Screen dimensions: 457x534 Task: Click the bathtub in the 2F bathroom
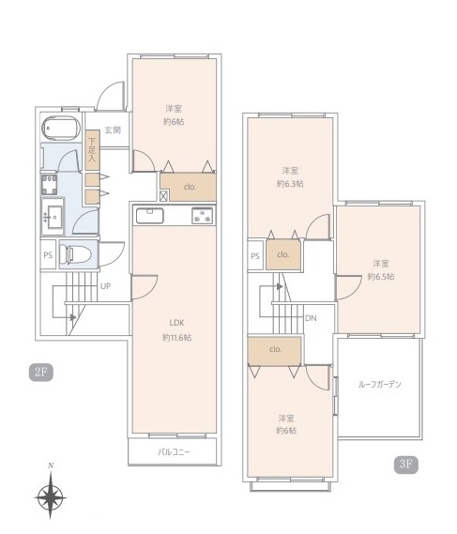[61, 129]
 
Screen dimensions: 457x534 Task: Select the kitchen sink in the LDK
[150, 216]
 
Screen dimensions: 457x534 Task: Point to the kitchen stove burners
[203, 216]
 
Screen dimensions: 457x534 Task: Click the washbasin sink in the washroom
[53, 217]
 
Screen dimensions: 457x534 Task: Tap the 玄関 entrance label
[113, 130]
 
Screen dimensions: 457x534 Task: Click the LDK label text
[176, 323]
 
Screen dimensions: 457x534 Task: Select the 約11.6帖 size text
[176, 338]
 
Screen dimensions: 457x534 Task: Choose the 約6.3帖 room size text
[290, 184]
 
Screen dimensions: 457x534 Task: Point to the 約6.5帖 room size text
[381, 276]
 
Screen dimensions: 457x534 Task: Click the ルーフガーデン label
[380, 384]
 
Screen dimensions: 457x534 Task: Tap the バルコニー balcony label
[174, 452]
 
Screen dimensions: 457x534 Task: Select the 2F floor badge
[41, 372]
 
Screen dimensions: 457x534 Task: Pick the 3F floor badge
[406, 465]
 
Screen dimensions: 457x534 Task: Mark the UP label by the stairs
[105, 286]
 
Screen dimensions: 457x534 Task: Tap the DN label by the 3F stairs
[311, 318]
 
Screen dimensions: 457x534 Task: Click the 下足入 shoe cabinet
[92, 150]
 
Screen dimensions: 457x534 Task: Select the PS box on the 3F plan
[255, 255]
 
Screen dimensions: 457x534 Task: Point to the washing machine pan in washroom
[50, 185]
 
